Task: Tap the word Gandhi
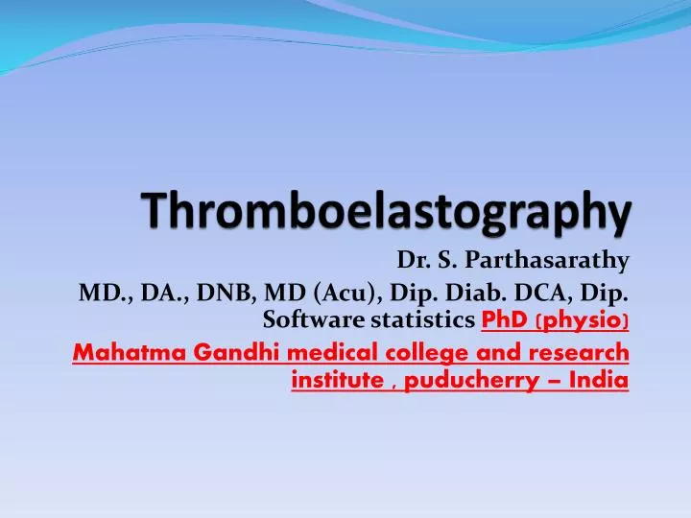click(218, 352)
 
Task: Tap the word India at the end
click(599, 381)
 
